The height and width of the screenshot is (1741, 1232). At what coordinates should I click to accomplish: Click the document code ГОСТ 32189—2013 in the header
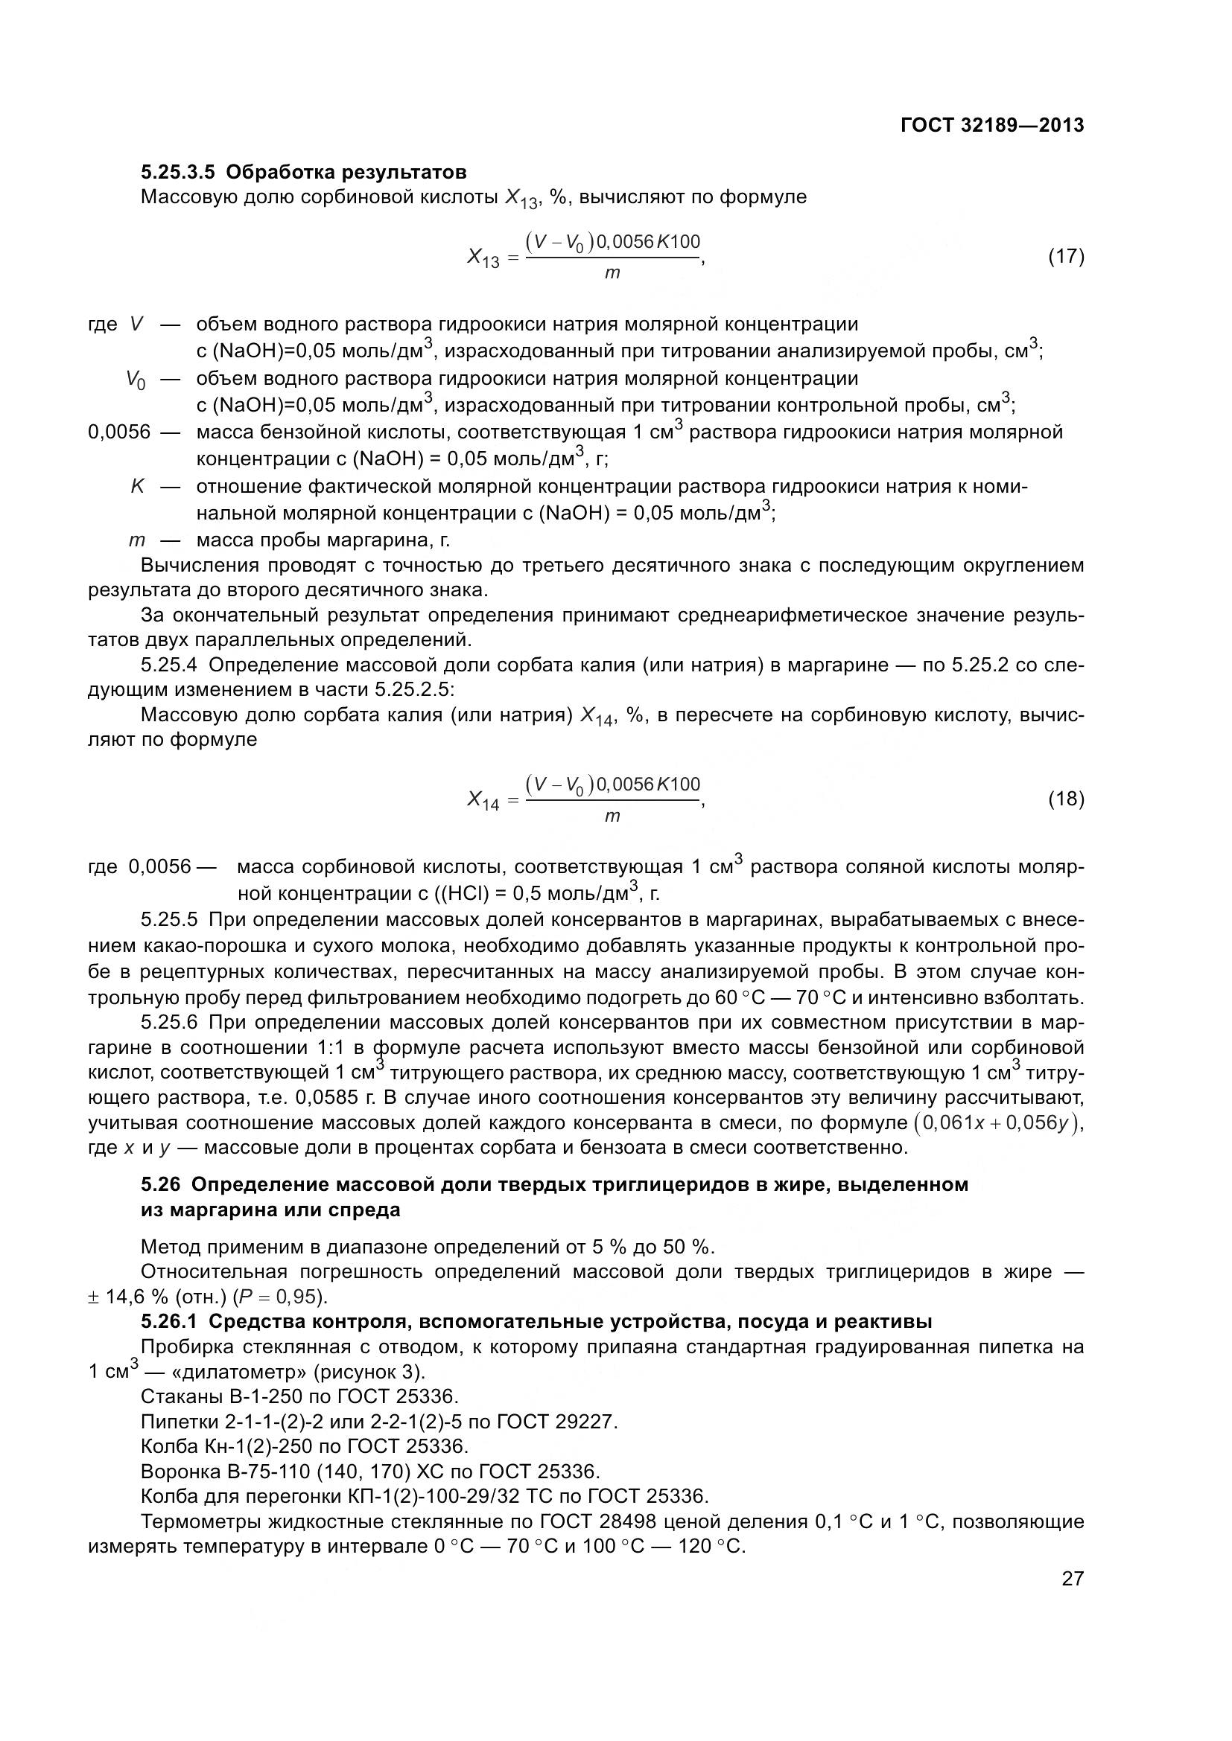[x=991, y=125]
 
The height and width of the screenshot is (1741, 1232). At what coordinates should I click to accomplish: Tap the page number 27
[x=1072, y=1579]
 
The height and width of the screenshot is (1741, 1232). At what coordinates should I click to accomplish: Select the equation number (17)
[x=1066, y=256]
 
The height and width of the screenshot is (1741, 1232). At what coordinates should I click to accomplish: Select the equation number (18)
[x=1066, y=799]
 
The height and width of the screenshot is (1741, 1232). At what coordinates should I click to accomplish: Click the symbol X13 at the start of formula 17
[x=483, y=258]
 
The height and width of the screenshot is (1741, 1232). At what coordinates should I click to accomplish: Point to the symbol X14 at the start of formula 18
[x=483, y=800]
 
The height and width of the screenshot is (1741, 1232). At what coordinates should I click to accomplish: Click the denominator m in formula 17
[x=612, y=274]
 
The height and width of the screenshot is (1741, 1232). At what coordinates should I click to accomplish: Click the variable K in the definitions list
[x=137, y=486]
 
